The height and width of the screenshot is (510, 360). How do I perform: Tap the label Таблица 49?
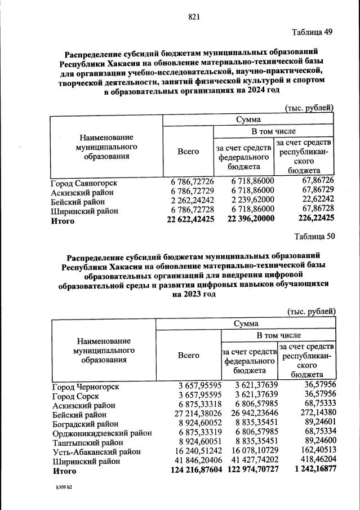(313, 32)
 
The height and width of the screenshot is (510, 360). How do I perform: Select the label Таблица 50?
(314, 237)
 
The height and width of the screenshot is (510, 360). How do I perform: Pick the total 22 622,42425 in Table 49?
(190, 221)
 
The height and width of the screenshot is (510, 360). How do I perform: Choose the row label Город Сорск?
(75, 396)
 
